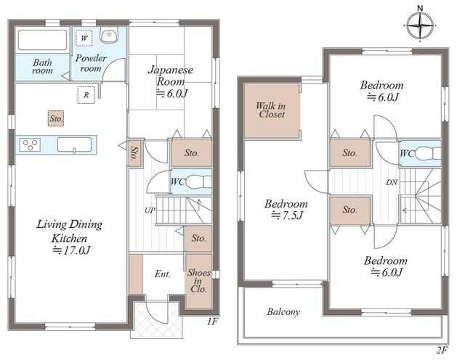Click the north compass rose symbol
(420, 25)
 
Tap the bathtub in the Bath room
(42, 40)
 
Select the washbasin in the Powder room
(109, 35)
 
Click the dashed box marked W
(84, 38)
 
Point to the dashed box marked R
(86, 95)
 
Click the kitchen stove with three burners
(30, 145)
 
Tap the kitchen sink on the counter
(74, 145)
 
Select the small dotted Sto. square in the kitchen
(56, 118)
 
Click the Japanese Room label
(171, 75)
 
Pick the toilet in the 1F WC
(199, 181)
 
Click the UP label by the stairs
(150, 210)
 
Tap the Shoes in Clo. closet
(198, 281)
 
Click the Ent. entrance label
(163, 274)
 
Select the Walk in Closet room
(271, 110)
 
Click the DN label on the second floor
(392, 182)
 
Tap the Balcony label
(283, 311)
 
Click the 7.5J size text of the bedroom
(287, 216)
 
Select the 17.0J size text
(71, 250)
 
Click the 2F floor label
(442, 351)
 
